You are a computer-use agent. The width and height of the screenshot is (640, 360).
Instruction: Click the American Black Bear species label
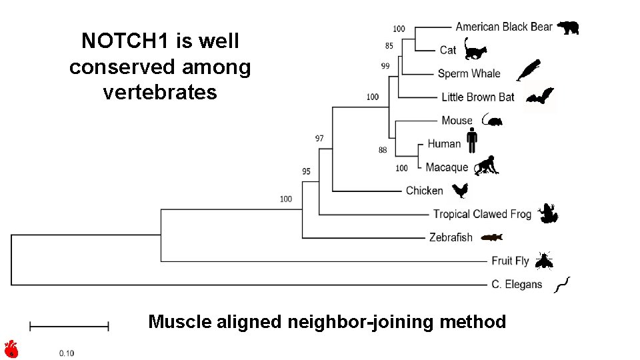click(503, 27)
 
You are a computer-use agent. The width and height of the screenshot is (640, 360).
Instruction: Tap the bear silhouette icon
click(568, 27)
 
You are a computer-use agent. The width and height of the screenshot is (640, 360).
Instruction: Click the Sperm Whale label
click(469, 73)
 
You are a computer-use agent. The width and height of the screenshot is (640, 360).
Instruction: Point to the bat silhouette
click(539, 97)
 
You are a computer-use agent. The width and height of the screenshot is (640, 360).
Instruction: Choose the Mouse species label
click(457, 121)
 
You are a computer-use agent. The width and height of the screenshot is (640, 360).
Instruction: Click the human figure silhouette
click(472, 140)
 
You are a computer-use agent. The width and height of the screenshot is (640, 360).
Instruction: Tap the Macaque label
click(447, 167)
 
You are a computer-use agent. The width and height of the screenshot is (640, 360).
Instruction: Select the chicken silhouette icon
click(460, 191)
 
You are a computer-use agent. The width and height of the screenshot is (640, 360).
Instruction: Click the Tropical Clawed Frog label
click(482, 214)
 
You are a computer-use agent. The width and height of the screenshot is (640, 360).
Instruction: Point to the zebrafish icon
click(491, 237)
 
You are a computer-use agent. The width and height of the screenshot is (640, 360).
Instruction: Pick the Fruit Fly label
click(510, 261)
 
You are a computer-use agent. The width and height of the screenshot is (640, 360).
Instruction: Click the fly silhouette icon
click(543, 261)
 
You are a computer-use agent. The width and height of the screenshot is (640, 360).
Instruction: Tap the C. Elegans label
click(517, 285)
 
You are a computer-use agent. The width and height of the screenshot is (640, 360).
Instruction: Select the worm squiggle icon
click(563, 285)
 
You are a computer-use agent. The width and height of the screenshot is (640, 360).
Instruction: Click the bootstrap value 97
click(319, 139)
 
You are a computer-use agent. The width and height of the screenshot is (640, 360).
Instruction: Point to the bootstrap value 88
click(383, 150)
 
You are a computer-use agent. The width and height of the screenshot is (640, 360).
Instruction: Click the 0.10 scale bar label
click(67, 353)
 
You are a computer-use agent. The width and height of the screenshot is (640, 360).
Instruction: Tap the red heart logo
click(11, 349)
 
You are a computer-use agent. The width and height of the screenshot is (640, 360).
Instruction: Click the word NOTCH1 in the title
click(125, 41)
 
